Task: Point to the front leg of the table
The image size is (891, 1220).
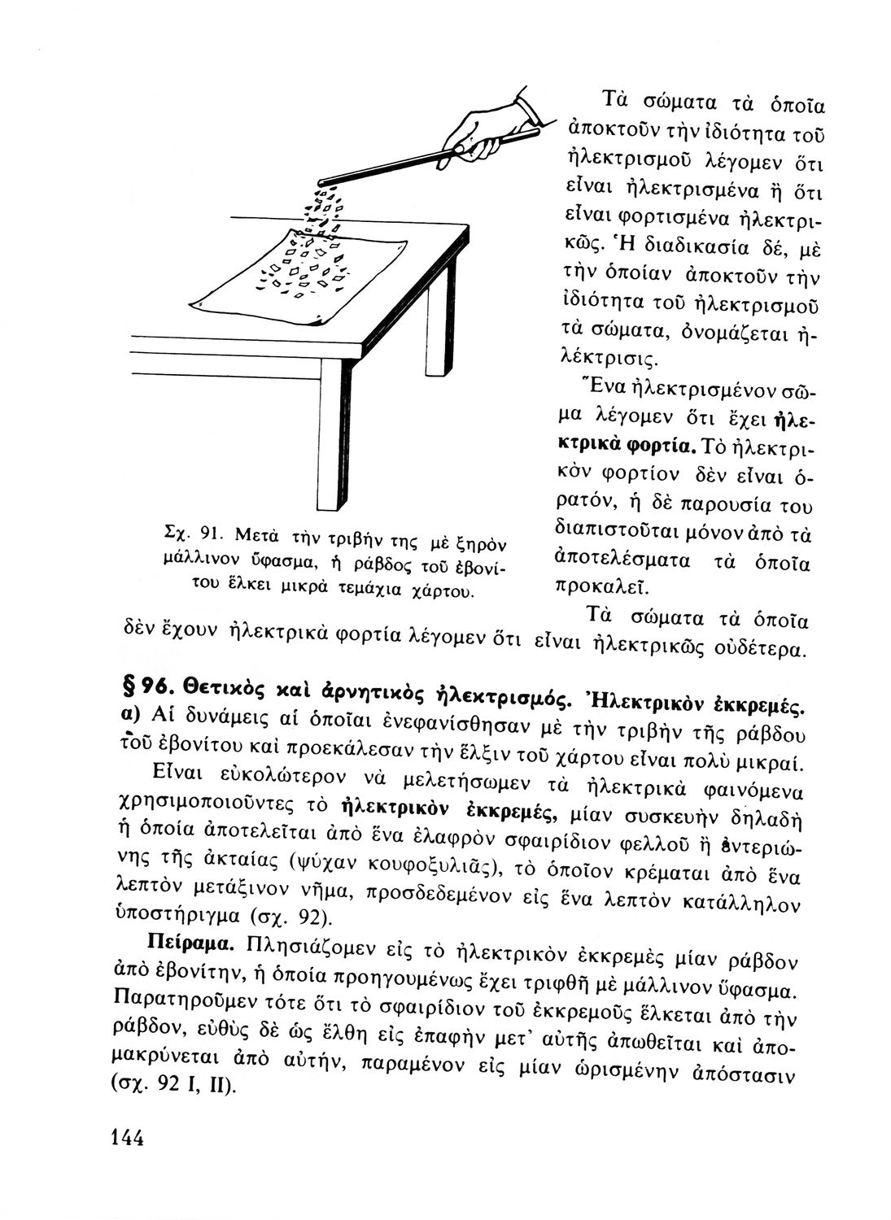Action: tap(331, 431)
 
